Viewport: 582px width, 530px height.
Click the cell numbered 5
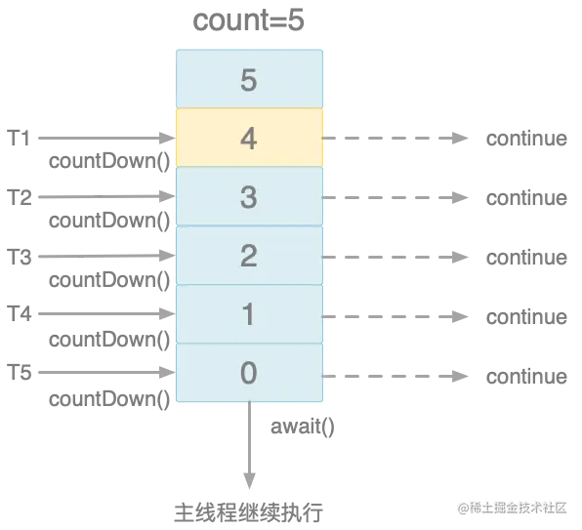(248, 79)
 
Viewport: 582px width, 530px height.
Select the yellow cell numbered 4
(248, 138)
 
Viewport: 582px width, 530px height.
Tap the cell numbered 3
(248, 197)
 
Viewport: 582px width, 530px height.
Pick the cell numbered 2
(248, 256)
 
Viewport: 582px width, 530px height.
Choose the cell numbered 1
(248, 314)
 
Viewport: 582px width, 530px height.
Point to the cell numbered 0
(248, 374)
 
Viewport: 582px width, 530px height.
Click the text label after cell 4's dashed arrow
(527, 139)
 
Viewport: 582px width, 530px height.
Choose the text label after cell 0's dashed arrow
(527, 376)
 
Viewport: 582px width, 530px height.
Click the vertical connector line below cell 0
(250, 449)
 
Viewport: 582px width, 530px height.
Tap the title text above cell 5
(248, 19)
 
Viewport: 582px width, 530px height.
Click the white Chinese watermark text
(511, 507)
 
